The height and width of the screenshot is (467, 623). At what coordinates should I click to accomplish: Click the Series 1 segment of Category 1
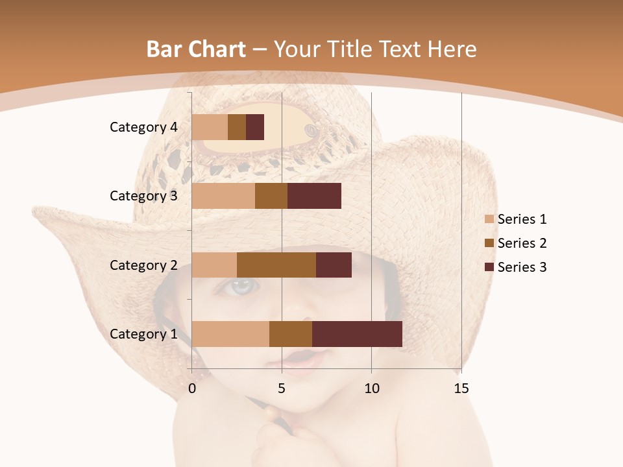[x=230, y=334]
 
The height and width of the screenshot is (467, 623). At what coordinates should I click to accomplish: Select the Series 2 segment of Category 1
[x=291, y=334]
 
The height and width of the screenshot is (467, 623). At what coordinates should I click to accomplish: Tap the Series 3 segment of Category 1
[x=357, y=334]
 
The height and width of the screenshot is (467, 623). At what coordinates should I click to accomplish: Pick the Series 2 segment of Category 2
[x=276, y=265]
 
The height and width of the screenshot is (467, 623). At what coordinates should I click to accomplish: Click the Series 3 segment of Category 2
[x=334, y=265]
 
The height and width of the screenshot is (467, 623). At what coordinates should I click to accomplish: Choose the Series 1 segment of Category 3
[x=223, y=196]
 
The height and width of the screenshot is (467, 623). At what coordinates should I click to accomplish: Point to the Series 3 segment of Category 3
[x=314, y=196]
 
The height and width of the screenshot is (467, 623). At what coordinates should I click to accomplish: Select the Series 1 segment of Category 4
[x=210, y=127]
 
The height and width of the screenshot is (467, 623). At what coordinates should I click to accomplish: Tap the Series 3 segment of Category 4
[x=255, y=127]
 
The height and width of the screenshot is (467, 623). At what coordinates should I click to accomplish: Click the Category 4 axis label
[x=143, y=127]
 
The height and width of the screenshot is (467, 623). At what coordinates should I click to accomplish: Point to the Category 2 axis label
[x=143, y=265]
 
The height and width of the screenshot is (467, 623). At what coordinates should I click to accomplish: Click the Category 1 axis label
[x=143, y=334]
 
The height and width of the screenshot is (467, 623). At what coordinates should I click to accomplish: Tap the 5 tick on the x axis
[x=282, y=389]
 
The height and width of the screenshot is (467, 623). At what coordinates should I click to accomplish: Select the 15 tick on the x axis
[x=461, y=389]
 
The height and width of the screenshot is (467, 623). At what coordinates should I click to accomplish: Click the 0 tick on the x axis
[x=192, y=389]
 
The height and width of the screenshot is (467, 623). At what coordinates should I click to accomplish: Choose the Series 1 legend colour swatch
[x=489, y=219]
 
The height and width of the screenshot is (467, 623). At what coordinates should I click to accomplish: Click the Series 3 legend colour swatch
[x=489, y=267]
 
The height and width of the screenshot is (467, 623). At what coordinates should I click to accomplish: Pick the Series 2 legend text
[x=522, y=243]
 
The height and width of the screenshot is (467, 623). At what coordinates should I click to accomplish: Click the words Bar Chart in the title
[x=196, y=49]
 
